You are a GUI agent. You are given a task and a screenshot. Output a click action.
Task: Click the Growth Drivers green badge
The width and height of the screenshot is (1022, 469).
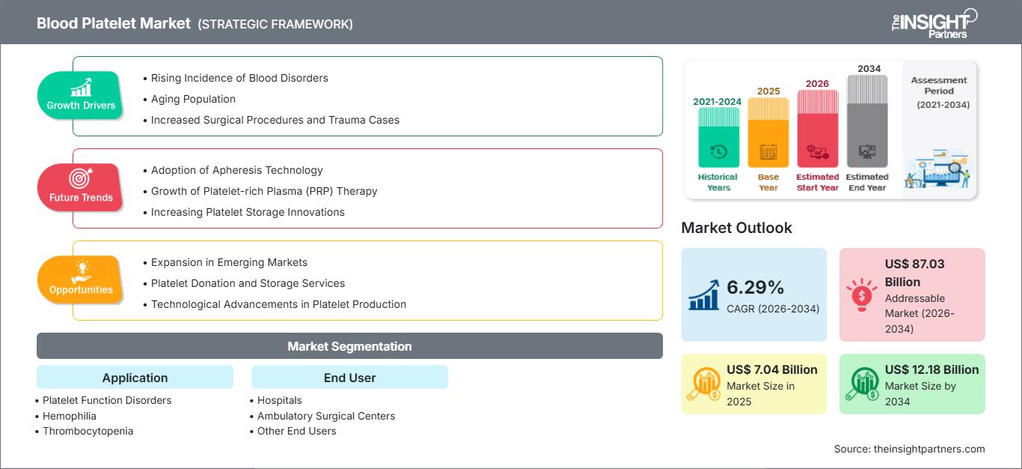[x=80, y=95]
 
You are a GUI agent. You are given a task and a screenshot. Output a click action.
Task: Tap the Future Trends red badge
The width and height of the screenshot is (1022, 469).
[x=80, y=187]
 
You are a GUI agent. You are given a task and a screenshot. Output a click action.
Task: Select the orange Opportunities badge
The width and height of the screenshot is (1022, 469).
[x=80, y=279]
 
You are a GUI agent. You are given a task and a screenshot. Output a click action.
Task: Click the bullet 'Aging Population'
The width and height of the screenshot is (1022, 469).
[x=193, y=99]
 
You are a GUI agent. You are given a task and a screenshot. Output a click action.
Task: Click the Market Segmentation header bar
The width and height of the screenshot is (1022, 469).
[x=349, y=345]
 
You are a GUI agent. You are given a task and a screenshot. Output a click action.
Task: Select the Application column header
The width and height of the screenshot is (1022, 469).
[x=135, y=377]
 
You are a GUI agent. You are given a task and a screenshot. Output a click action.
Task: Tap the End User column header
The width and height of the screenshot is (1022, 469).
[x=349, y=377]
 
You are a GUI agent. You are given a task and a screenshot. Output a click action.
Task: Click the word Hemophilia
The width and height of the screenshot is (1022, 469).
[x=70, y=416]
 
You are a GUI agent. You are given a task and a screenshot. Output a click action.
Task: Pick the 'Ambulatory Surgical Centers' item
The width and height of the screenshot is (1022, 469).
[x=326, y=416]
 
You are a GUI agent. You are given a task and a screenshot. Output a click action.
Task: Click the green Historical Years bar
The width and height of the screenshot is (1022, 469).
[x=718, y=137]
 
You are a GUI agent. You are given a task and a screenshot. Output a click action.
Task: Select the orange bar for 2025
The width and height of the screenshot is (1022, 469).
[x=768, y=133]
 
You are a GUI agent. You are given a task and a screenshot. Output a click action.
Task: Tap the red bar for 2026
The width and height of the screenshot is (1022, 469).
[x=818, y=128]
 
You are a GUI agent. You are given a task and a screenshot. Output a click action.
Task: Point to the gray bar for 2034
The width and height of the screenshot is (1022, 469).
[x=867, y=121]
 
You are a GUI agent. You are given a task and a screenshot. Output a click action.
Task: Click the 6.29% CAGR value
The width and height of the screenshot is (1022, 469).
[x=755, y=287]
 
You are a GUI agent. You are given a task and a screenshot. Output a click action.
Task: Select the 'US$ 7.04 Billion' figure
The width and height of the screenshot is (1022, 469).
[x=772, y=369]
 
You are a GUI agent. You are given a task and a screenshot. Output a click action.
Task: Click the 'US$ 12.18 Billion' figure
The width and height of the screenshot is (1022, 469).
[x=931, y=369]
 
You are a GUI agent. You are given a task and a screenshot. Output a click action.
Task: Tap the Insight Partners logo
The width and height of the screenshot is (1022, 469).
[x=934, y=23]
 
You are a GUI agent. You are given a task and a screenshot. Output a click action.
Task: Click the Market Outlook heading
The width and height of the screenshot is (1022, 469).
[x=736, y=228]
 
